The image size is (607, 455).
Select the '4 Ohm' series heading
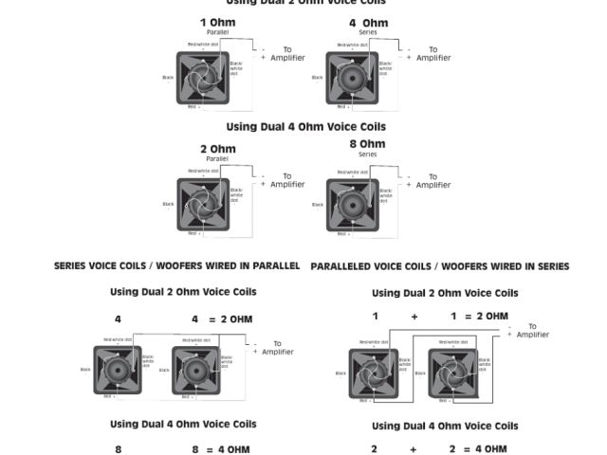(367, 23)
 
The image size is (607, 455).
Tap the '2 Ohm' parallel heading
(217, 149)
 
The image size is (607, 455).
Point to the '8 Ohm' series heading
(367, 144)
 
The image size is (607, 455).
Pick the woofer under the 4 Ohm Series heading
(352, 78)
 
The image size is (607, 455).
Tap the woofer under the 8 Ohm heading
(352, 205)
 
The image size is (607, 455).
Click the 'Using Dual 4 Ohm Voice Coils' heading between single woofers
(305, 126)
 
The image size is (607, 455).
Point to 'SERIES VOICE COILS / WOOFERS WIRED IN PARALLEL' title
(176, 266)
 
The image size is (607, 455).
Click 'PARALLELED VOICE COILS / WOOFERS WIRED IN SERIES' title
(440, 266)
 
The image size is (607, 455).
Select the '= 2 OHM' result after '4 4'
(230, 319)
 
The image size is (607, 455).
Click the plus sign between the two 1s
(414, 317)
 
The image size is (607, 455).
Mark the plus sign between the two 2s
(414, 449)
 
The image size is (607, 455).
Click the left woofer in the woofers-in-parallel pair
(118, 370)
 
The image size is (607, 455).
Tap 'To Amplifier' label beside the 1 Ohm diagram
(287, 54)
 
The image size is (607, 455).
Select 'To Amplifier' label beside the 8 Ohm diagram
(433, 181)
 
